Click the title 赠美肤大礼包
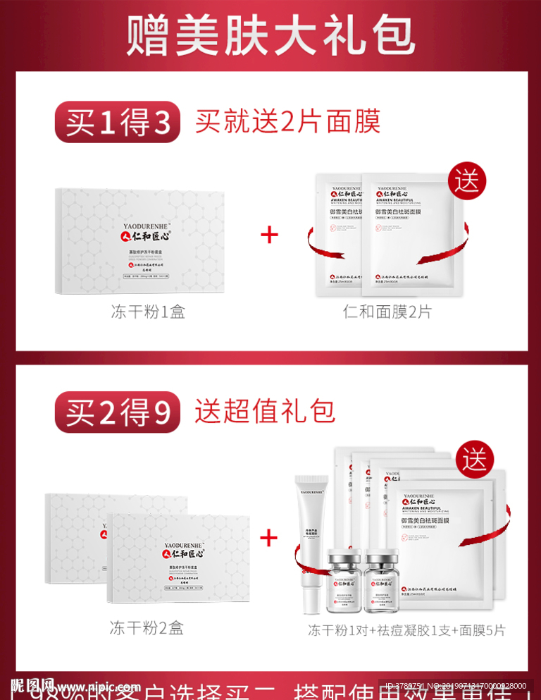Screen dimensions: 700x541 coord(270,36)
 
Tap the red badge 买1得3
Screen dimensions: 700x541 coord(118,123)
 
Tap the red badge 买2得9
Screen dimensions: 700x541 coord(118,412)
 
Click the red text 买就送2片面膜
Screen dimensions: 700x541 coord(287,121)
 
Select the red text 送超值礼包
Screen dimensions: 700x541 coord(265,411)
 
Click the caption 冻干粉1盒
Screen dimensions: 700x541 coord(148,312)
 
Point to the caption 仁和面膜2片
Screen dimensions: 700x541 coord(387,312)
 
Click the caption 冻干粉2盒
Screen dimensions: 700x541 coord(147,627)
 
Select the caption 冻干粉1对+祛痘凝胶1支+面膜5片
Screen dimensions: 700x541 coord(406,630)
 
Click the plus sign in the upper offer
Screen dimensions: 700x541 coord(269,235)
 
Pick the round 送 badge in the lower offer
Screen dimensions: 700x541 coord(475,460)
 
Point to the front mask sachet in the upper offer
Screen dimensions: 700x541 coord(402,236)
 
